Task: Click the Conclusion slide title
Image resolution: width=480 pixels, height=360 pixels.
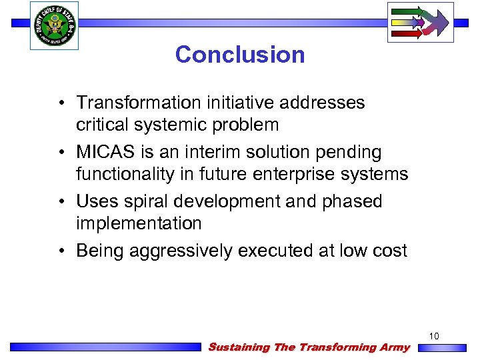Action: [240, 54]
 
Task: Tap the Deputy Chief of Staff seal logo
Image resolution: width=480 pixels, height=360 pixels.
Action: [54, 25]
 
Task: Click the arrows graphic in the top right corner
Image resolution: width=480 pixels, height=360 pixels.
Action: [420, 22]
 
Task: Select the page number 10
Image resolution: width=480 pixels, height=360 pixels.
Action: [434, 336]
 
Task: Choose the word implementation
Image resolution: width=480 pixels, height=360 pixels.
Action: [139, 223]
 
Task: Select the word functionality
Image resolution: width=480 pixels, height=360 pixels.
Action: [130, 174]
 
